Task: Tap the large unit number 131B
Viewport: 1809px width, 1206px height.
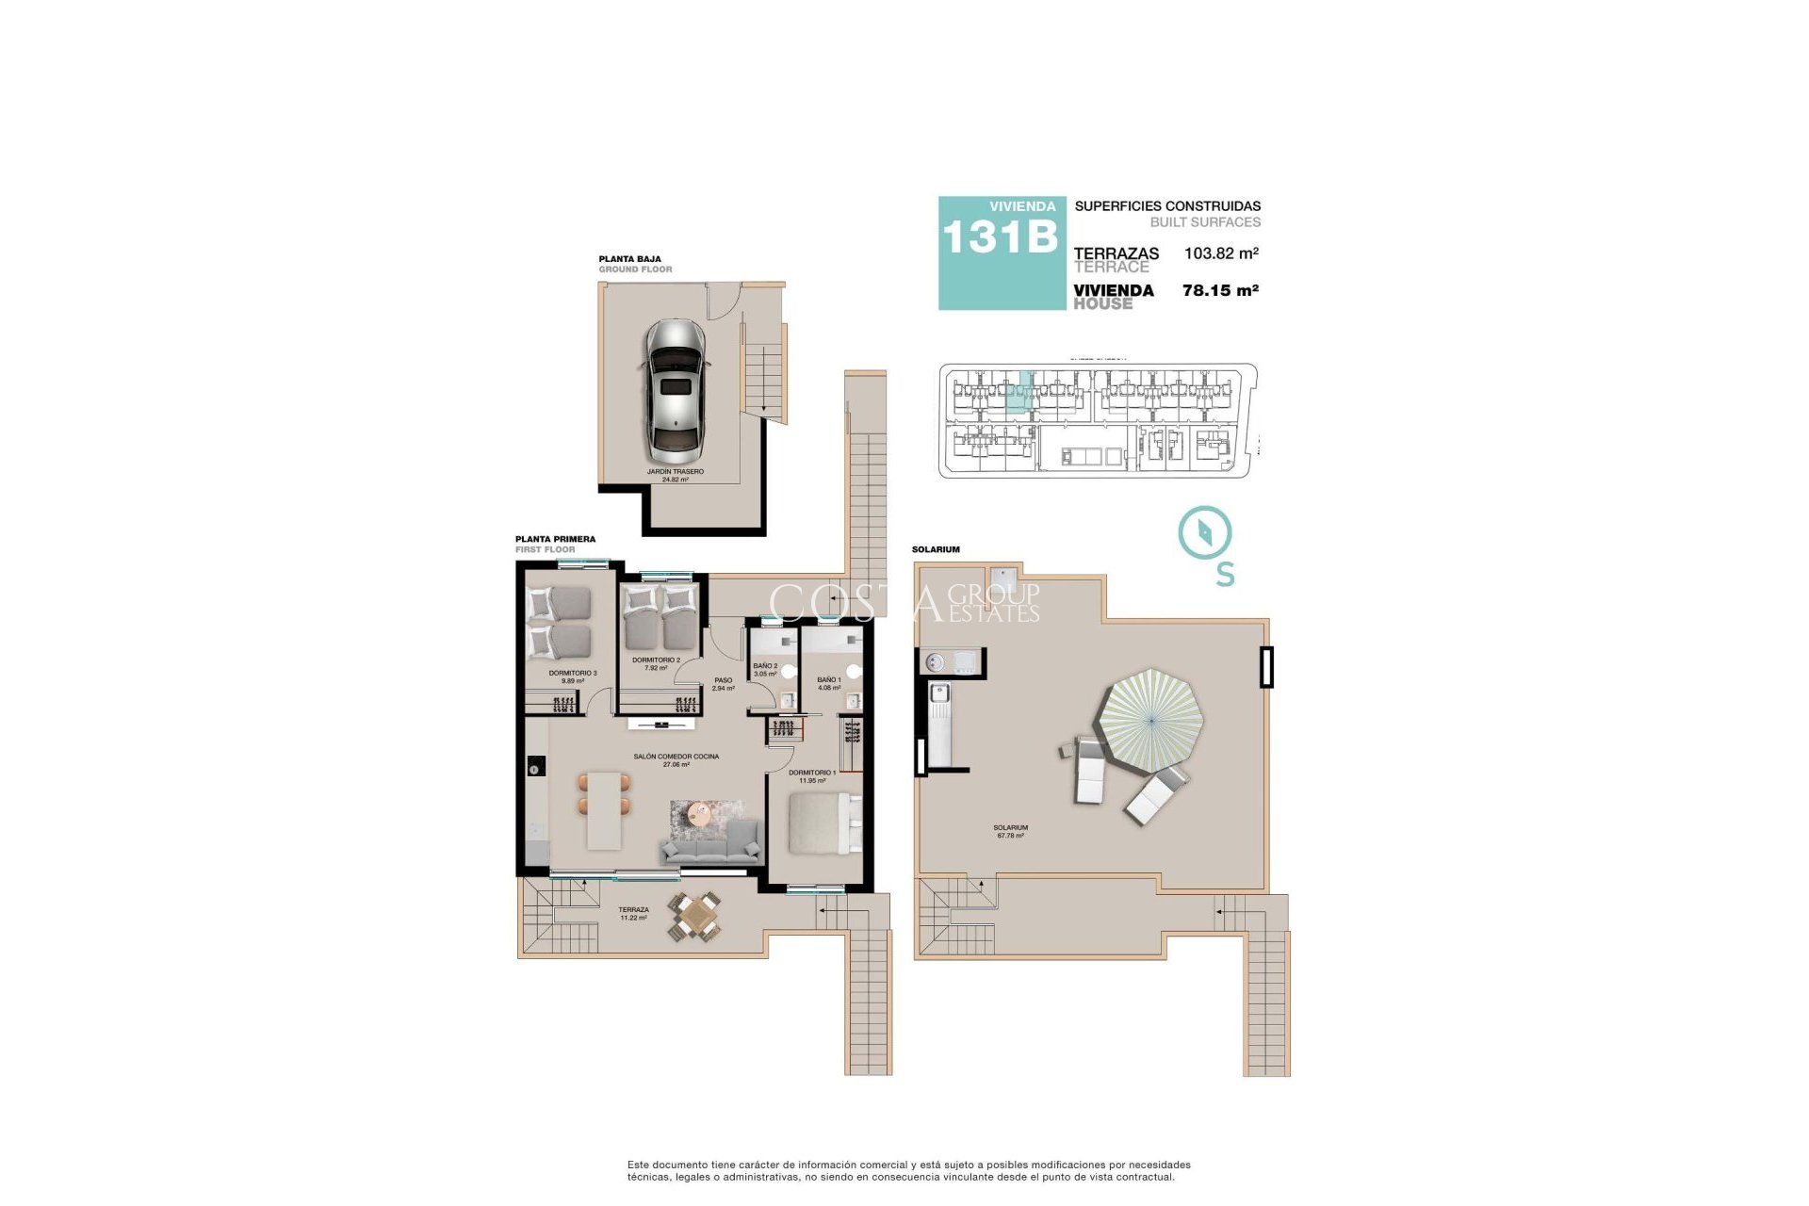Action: click(x=1000, y=237)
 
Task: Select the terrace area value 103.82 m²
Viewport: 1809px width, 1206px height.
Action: click(x=1221, y=253)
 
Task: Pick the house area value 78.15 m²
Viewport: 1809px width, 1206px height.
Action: click(x=1220, y=291)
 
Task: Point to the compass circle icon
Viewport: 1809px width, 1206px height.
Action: click(x=1205, y=532)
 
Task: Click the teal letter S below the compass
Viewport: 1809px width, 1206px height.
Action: click(x=1225, y=574)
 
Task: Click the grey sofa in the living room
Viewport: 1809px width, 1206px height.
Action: click(x=711, y=844)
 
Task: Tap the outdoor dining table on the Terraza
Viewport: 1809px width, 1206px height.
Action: click(x=695, y=915)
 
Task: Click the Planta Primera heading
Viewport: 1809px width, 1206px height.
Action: click(x=555, y=540)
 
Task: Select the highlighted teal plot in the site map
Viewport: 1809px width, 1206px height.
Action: click(x=1019, y=395)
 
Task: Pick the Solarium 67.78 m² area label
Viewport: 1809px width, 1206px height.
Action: click(x=1010, y=831)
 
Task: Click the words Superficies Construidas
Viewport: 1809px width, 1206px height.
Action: click(x=1166, y=206)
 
